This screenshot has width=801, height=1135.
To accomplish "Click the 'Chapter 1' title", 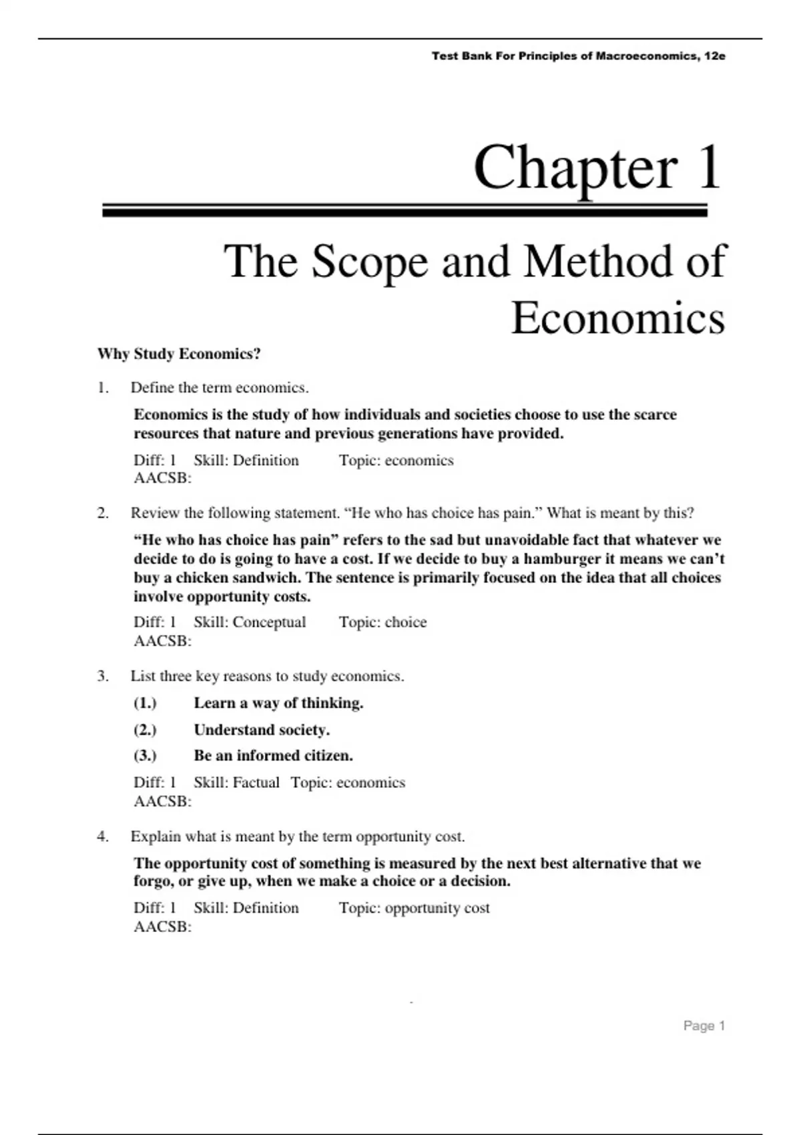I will pos(597,167).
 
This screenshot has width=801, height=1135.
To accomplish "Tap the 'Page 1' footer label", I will pos(704,1026).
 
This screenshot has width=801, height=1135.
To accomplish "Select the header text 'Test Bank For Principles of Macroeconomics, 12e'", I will pos(578,56).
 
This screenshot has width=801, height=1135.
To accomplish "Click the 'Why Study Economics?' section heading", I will pos(179,354).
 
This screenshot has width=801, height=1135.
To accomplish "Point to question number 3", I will pos(102,676).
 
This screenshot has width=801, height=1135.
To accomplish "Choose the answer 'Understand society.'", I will pos(262,730).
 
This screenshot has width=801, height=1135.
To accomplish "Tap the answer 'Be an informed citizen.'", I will pos(273,756).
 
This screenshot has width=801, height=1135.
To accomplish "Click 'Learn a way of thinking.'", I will pos(278,703).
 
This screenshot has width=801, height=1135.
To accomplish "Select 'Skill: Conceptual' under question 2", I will pos(250,622).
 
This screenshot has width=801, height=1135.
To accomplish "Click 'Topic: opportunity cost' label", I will pos(414,908).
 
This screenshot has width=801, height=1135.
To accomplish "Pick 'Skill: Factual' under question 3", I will pos(236,782).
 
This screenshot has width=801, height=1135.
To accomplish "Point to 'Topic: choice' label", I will pos(382,622).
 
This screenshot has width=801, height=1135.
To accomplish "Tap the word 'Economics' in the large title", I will pos(617,318).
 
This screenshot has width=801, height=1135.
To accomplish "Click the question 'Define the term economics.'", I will pos(220,388).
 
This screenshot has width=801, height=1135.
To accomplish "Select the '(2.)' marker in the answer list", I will pos(145,730).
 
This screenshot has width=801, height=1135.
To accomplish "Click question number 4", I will pos(102,837).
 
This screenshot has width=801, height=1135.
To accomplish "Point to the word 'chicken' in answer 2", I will pos(203,578).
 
